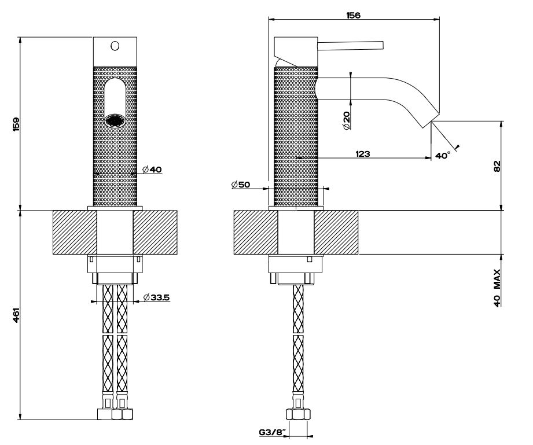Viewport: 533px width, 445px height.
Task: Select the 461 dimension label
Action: pyautogui.click(x=16, y=315)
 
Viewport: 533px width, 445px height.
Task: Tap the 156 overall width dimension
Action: pyautogui.click(x=352, y=16)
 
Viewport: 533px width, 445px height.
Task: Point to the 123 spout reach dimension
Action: pyautogui.click(x=363, y=154)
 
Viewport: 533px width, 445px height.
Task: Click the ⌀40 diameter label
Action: pyautogui.click(x=152, y=170)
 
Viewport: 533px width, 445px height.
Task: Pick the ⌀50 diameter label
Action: pyautogui.click(x=240, y=185)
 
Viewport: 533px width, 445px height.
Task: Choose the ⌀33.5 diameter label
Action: pyautogui.click(x=156, y=297)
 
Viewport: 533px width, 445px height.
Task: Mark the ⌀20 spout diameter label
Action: pyautogui.click(x=346, y=120)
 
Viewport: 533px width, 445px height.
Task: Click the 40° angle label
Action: pyautogui.click(x=442, y=156)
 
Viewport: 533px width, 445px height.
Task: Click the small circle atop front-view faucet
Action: pyautogui.click(x=115, y=45)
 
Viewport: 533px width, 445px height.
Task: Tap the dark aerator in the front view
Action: pyautogui.click(x=114, y=121)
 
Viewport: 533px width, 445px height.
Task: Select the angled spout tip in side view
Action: pyautogui.click(x=427, y=119)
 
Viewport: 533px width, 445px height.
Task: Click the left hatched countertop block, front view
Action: pyautogui.click(x=74, y=232)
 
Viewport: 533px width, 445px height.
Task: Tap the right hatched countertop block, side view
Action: pyautogui.click(x=336, y=232)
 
